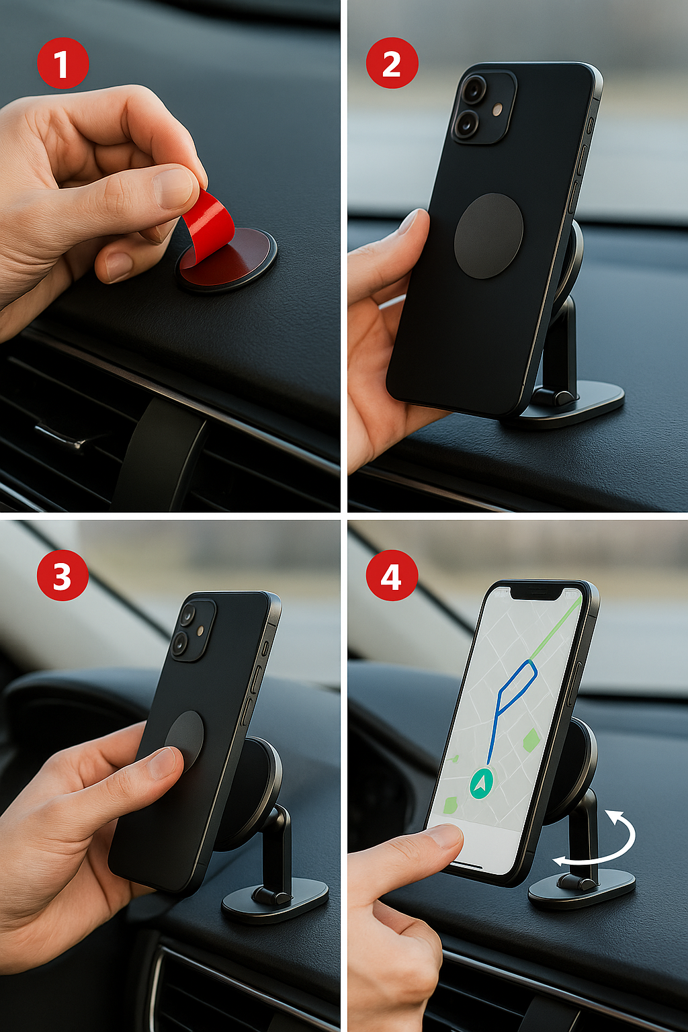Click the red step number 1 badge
pyautogui.click(x=62, y=63)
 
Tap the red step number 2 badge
pyautogui.click(x=392, y=63)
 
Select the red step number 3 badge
pyautogui.click(x=62, y=575)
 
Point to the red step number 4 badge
pyautogui.click(x=392, y=575)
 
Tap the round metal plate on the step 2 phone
pyautogui.click(x=488, y=235)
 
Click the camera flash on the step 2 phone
pyautogui.click(x=497, y=110)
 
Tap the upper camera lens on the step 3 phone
pyautogui.click(x=188, y=615)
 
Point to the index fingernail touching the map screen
pyautogui.click(x=445, y=835)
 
